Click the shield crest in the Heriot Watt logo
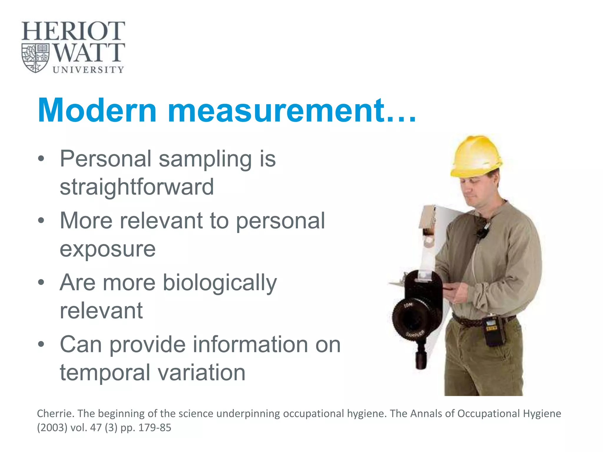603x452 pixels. pos(36,58)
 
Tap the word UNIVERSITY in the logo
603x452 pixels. pos(88,70)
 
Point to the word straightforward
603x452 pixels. pos(137,187)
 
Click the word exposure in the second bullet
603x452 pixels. pos(107,249)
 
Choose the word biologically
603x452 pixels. pos(220,282)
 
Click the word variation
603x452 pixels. pos(201,372)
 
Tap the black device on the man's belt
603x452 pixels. pos(493,331)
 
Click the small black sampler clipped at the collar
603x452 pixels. pos(482,231)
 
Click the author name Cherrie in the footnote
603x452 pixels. pos(55,413)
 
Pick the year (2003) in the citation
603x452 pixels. pos(52,428)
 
